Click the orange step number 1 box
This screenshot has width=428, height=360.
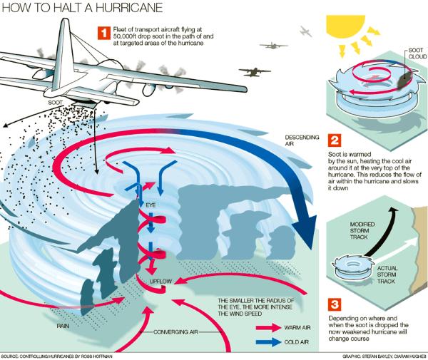click(104, 33)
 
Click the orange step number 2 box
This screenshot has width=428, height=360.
click(335, 140)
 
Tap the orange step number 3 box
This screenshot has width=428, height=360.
click(335, 304)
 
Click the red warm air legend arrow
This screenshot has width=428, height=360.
click(269, 327)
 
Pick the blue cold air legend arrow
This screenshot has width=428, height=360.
click(269, 342)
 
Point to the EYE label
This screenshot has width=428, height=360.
click(151, 205)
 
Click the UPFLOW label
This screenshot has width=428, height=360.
click(160, 281)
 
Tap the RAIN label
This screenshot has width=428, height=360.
click(63, 326)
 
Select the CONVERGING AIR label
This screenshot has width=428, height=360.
click(175, 332)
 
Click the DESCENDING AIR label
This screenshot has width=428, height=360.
click(302, 140)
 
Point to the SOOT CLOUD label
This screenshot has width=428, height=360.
click(417, 53)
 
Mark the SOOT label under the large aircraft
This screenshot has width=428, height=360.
click(56, 103)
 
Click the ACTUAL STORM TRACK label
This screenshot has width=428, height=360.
click(387, 274)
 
